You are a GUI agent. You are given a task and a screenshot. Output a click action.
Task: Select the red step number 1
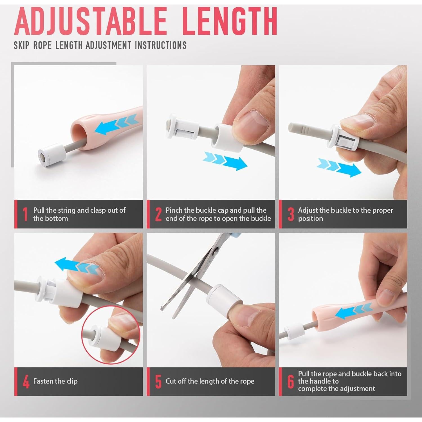(25, 214)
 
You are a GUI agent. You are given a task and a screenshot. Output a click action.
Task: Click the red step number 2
(158, 214)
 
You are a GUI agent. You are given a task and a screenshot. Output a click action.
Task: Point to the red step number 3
(291, 214)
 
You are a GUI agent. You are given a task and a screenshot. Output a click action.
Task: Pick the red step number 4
(26, 382)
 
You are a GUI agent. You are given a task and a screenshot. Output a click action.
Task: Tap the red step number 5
(158, 382)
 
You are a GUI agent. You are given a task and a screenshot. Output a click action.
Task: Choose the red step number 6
(291, 382)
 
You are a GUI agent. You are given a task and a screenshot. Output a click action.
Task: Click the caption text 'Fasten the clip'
(55, 381)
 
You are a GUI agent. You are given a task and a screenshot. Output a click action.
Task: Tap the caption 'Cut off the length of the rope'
(210, 381)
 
